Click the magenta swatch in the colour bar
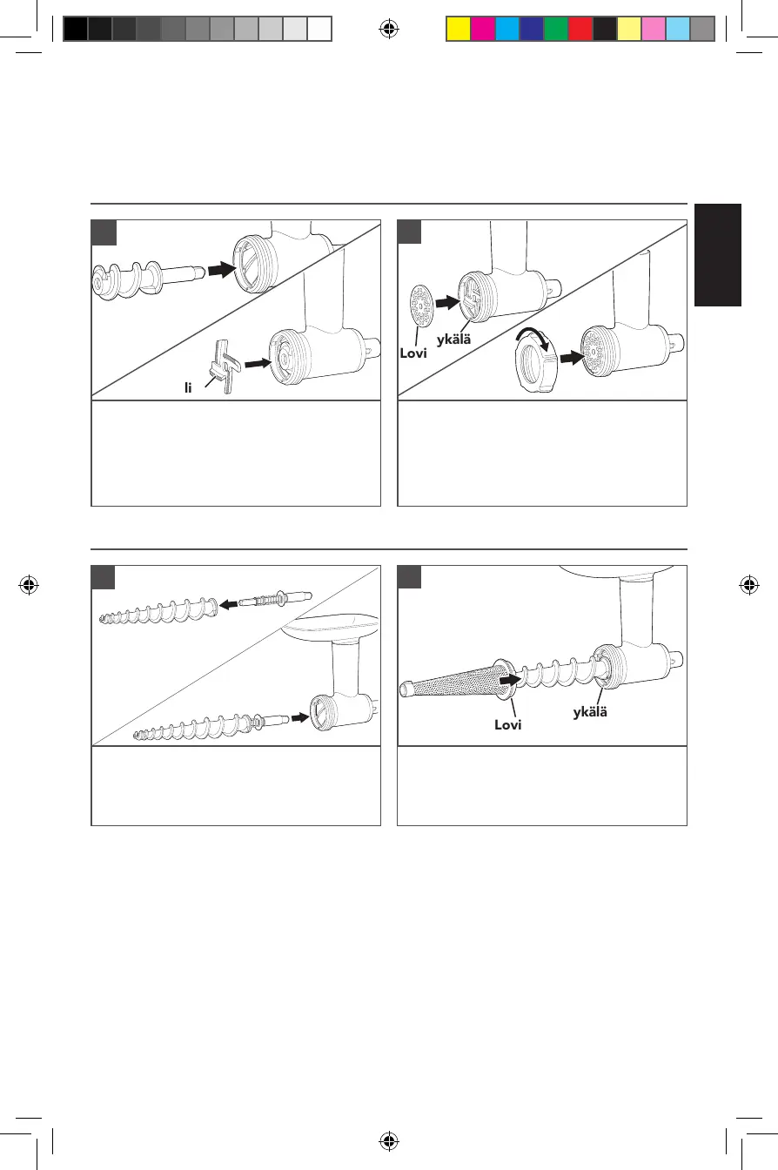point(482,30)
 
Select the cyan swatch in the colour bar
point(506,30)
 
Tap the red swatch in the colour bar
point(580,30)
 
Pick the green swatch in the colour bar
point(555,30)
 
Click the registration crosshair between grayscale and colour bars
point(389,30)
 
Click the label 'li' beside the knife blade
point(187,387)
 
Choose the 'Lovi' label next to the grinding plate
point(415,354)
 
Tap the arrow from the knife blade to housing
point(258,364)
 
